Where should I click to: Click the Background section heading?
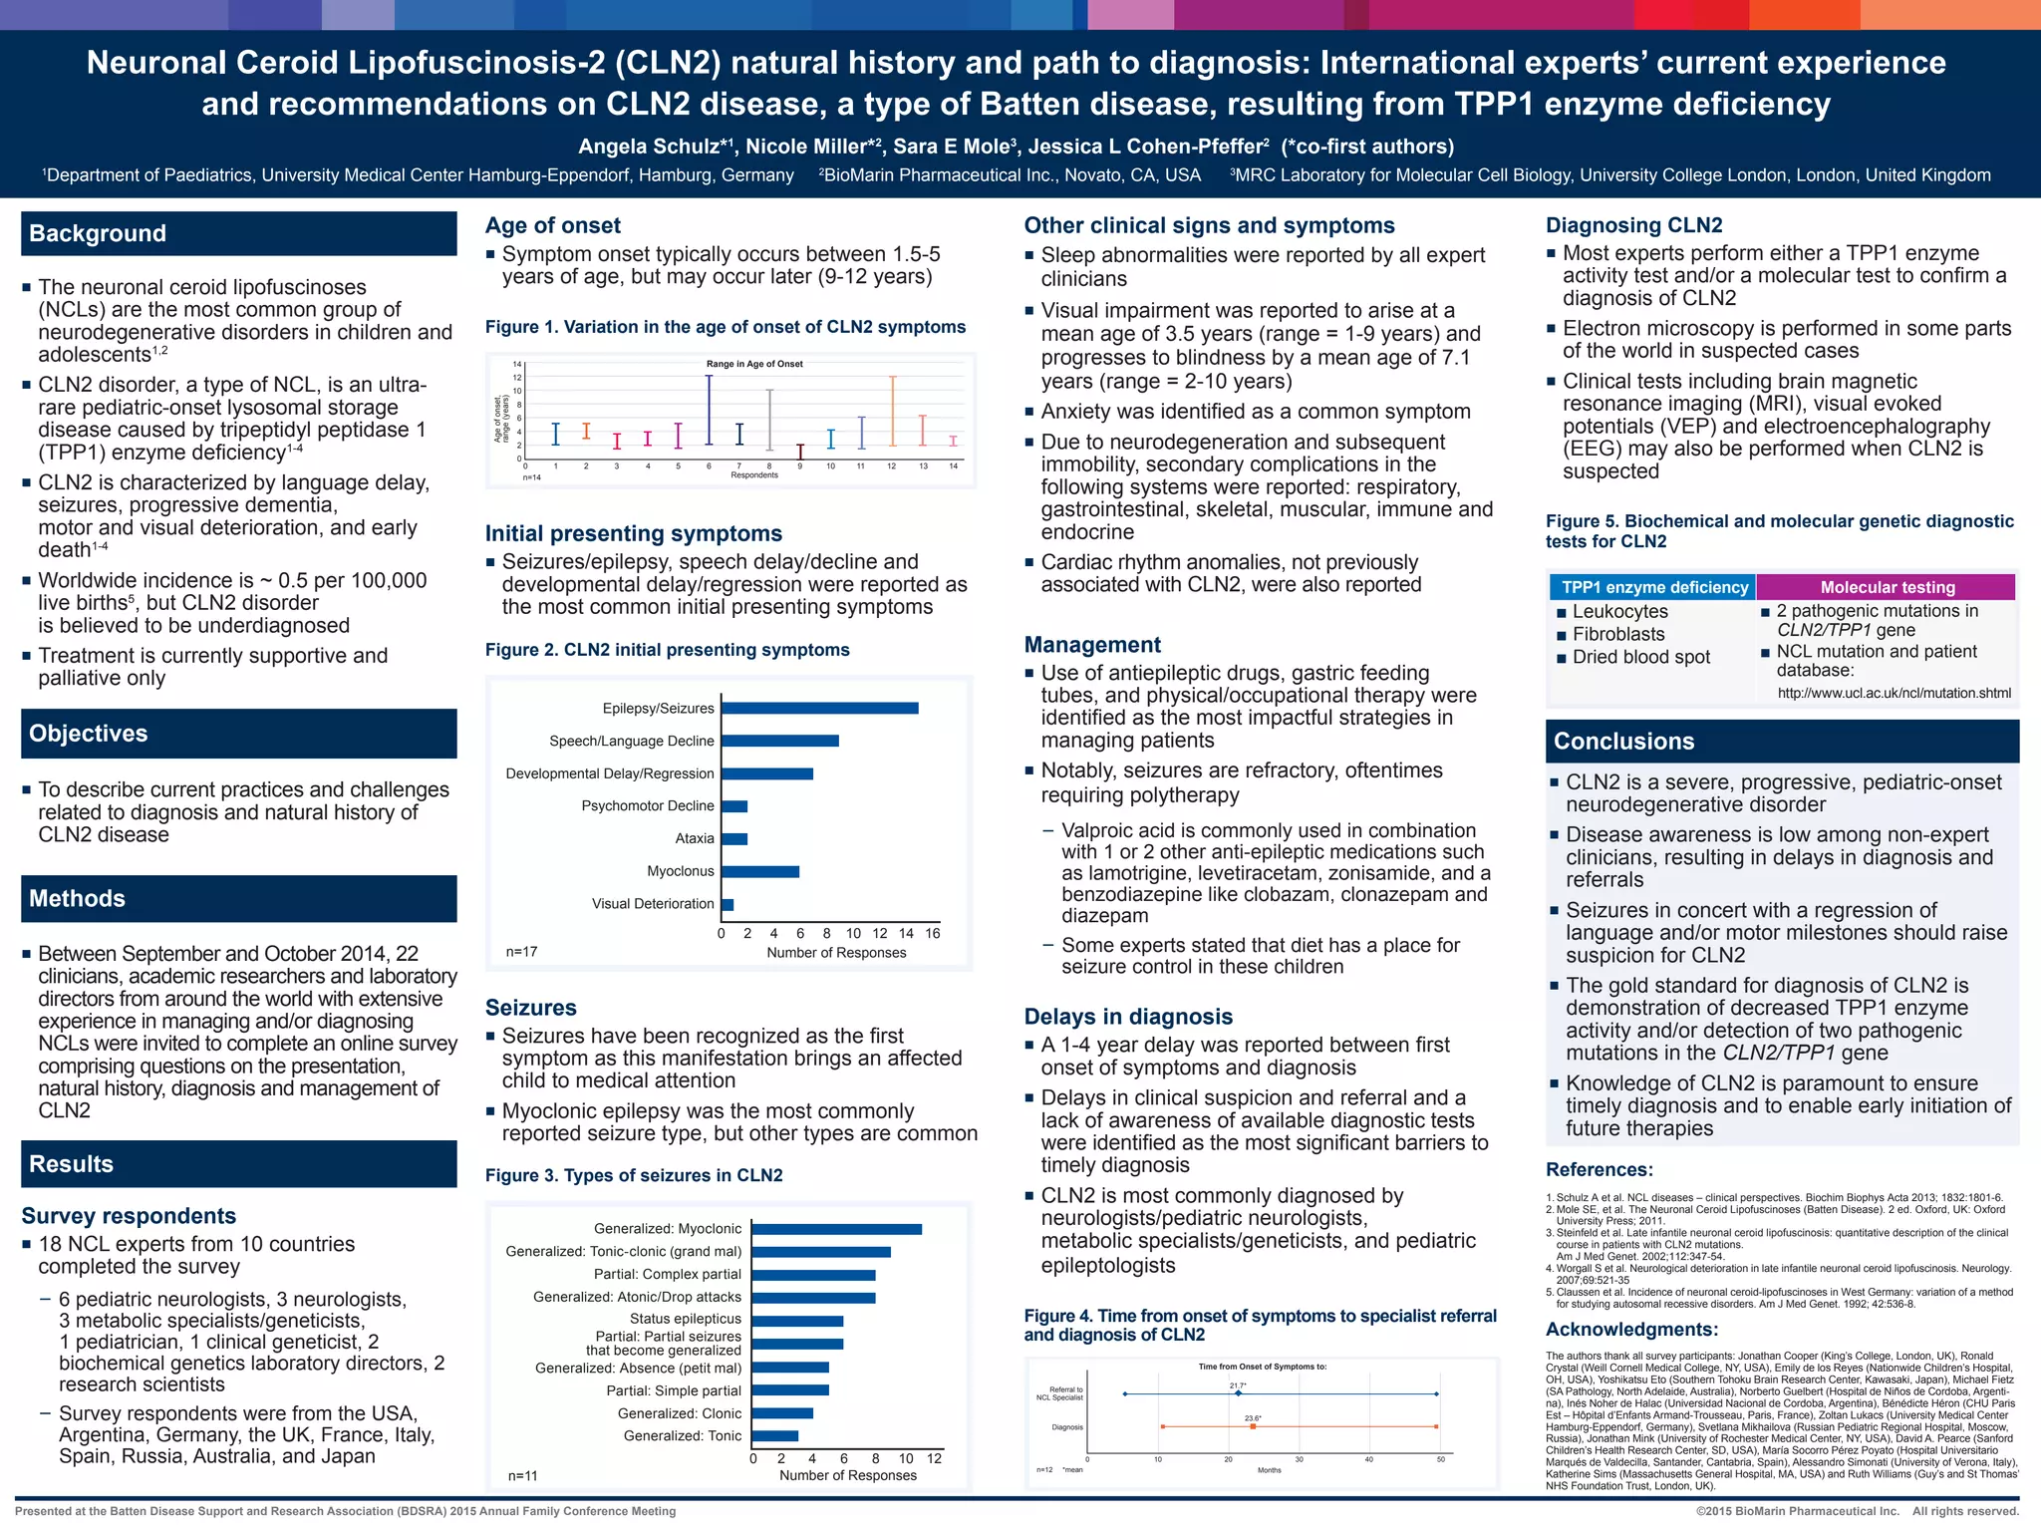[x=98, y=233]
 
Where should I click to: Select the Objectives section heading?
[x=89, y=734]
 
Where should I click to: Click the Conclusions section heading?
[x=1624, y=742]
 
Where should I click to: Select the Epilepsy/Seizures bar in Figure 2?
[x=820, y=709]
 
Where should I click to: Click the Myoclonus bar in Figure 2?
[x=760, y=872]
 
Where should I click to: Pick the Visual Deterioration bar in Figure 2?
[x=728, y=905]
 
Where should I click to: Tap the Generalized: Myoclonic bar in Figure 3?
[x=837, y=1229]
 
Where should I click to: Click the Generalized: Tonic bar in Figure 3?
[x=775, y=1436]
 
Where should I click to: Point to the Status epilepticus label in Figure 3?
[x=686, y=1319]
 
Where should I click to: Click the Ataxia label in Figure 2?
[x=695, y=838]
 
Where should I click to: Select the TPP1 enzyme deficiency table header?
[x=1654, y=588]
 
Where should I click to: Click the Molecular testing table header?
[x=1888, y=588]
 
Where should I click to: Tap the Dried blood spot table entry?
[x=1640, y=658]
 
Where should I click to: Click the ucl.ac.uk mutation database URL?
[x=1894, y=693]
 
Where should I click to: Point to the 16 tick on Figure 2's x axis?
[x=933, y=933]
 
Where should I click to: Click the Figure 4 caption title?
[x=1260, y=1325]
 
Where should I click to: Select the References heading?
[x=1600, y=1170]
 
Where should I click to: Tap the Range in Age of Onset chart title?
[x=754, y=364]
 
